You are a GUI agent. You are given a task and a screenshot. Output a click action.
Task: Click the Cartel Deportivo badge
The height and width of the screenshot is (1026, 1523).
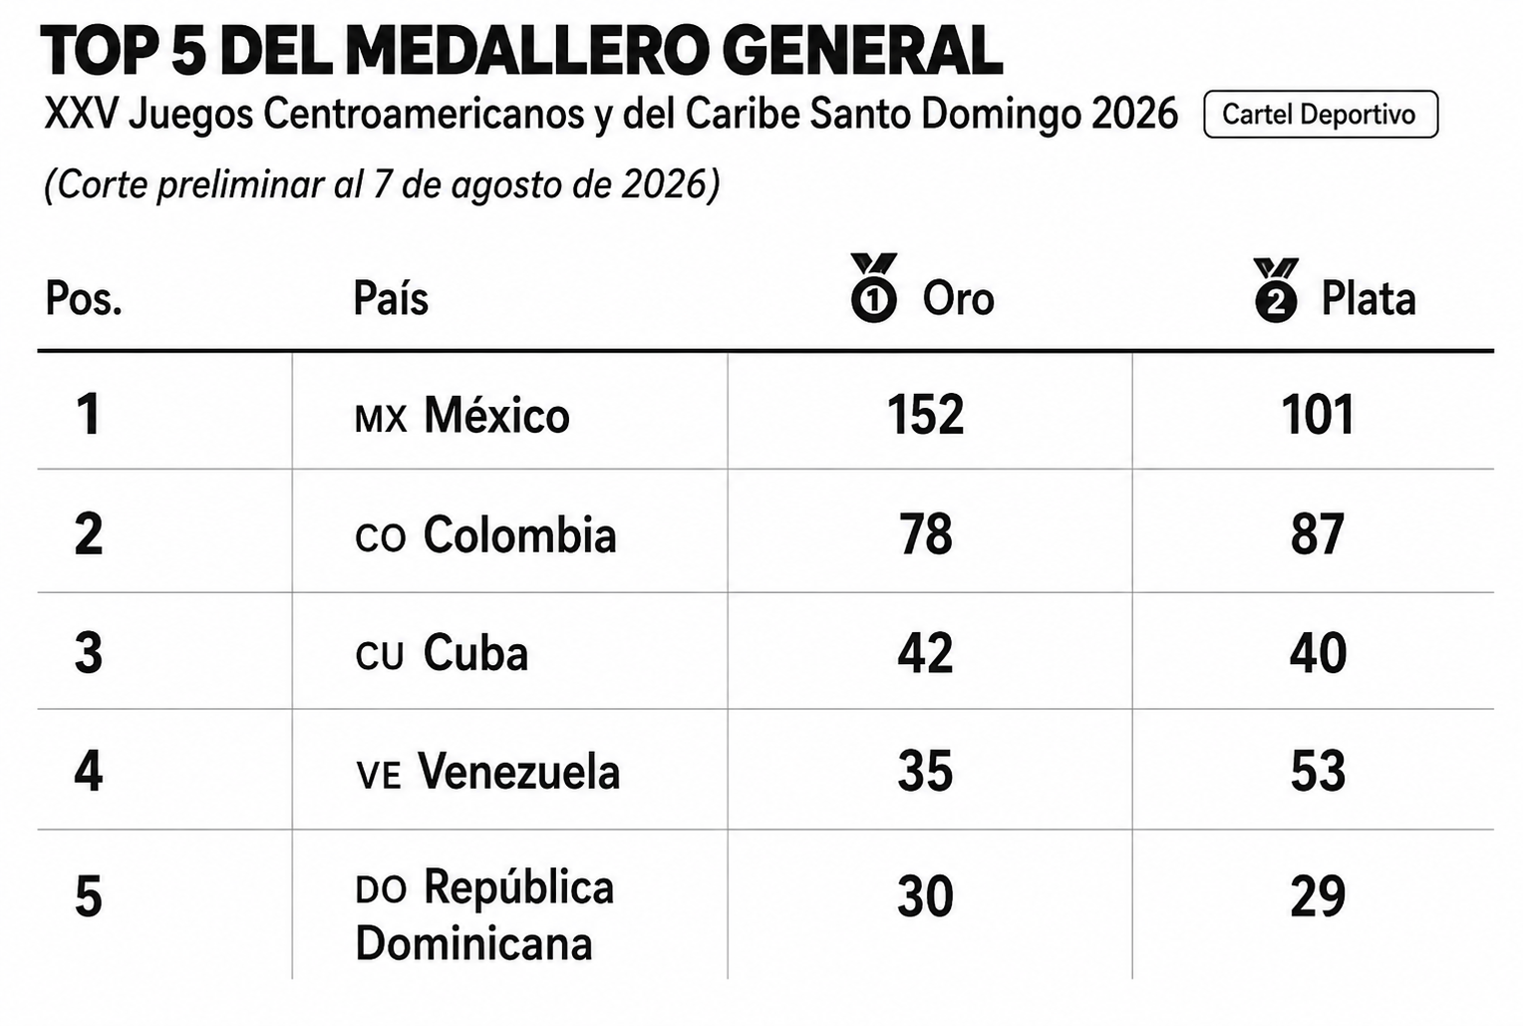pos(1321,115)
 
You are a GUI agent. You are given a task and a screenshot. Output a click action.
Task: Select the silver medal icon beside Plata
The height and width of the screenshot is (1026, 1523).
pos(1276,290)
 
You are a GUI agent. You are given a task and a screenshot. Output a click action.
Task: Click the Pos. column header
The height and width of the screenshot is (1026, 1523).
pos(84,298)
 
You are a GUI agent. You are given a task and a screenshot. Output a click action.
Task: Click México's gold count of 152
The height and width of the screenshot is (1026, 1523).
pos(925,415)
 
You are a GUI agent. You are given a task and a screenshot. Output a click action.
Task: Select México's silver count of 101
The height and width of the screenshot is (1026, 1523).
pos(1317,415)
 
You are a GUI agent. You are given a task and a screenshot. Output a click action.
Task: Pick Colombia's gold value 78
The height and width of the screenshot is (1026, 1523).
pos(925,534)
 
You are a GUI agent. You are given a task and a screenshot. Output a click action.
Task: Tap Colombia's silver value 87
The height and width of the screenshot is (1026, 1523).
pos(1317,534)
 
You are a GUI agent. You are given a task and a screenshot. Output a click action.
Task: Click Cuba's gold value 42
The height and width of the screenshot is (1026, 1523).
pos(925,652)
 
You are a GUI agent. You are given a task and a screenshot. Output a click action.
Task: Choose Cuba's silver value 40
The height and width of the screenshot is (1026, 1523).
pos(1318,652)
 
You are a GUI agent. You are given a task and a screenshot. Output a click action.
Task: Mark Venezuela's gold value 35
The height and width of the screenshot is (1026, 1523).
pos(925,771)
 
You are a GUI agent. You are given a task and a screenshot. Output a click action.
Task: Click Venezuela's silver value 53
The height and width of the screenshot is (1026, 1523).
pos(1318,771)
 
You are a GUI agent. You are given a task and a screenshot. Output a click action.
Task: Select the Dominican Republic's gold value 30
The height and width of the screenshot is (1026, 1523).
pos(925,896)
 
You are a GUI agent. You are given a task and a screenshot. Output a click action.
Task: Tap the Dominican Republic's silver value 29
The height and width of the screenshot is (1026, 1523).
pos(1318,896)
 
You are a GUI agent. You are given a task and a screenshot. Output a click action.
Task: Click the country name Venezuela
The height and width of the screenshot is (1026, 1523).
pos(518,772)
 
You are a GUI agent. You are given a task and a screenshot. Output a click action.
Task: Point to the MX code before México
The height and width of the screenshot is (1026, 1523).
pos(381,419)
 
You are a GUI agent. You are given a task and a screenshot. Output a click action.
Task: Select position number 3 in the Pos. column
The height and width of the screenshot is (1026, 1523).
pos(89,653)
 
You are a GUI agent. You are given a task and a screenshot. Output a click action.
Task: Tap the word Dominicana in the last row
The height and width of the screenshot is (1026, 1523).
pos(473,943)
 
